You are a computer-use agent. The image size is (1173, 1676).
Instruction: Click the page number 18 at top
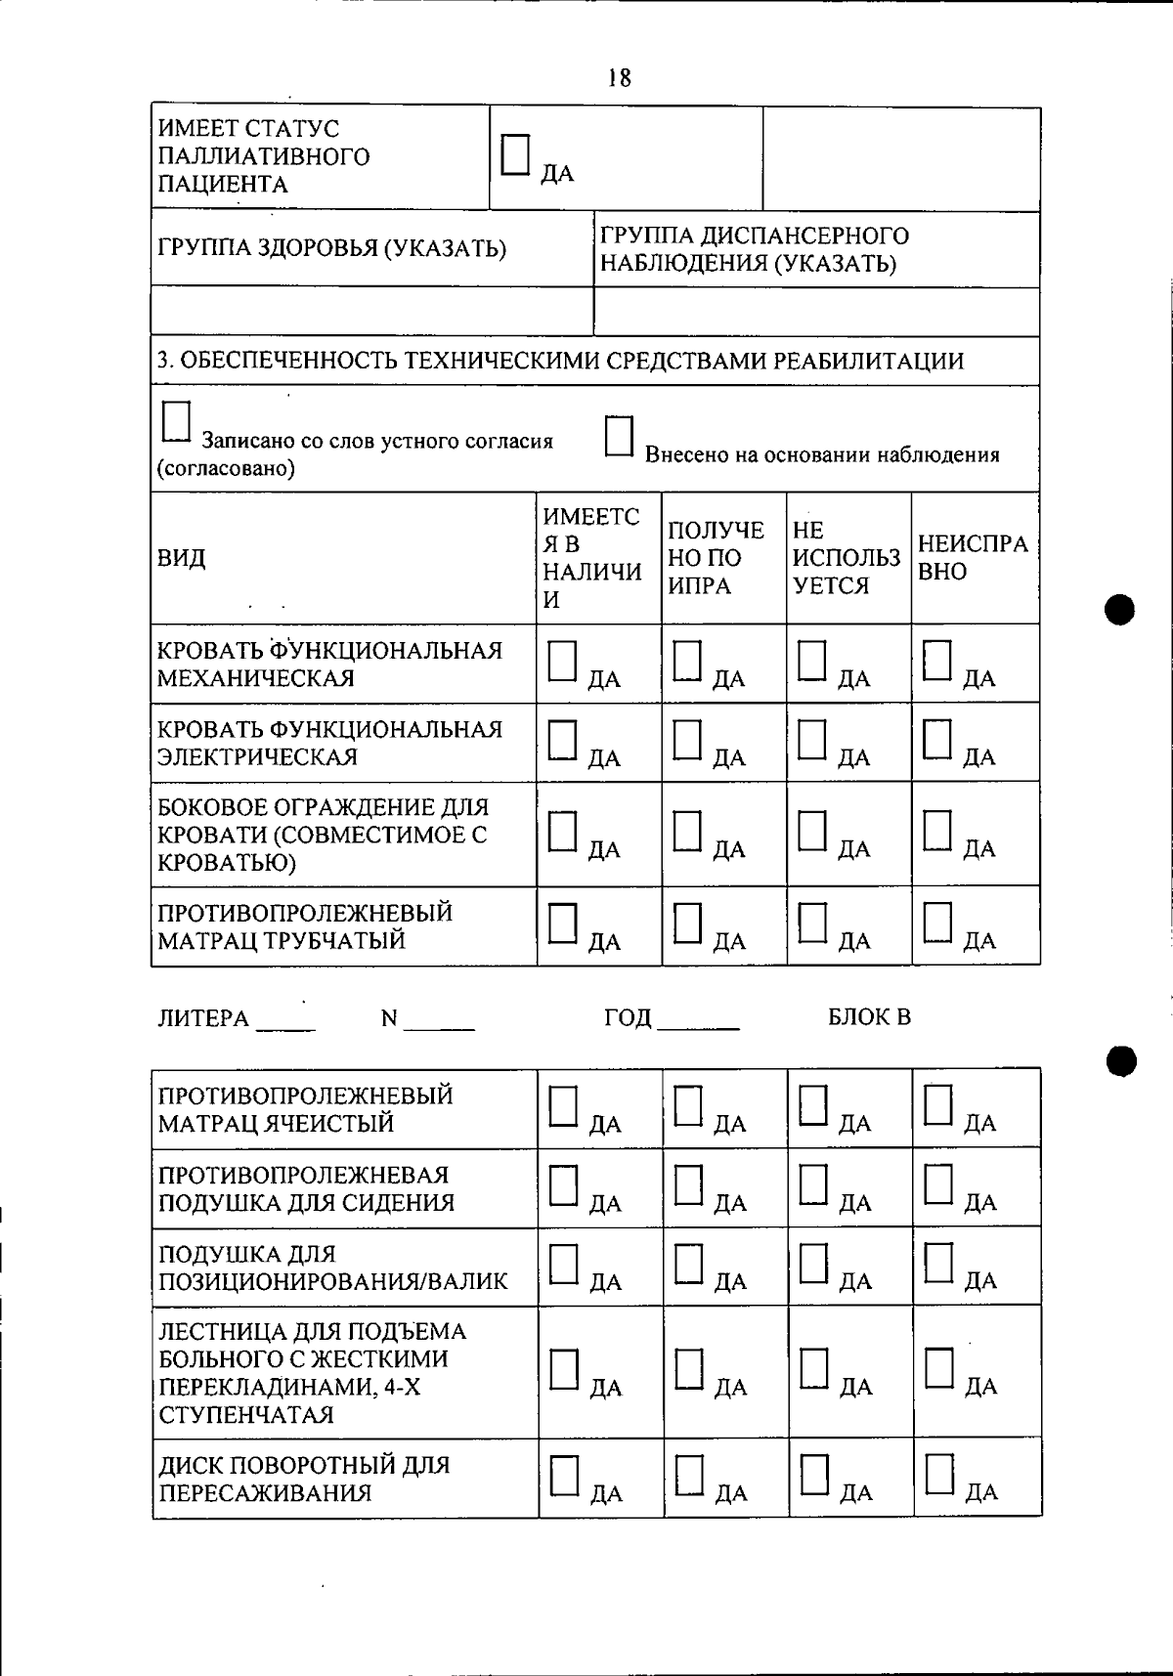619,78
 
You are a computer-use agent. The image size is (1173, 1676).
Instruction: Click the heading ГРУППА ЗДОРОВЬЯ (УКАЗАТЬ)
332,248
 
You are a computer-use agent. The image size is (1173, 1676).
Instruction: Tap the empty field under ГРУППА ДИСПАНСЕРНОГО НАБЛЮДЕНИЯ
816,313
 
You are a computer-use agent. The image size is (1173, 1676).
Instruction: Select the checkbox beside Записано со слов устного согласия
176,423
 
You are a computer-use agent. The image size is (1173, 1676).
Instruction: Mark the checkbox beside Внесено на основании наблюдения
619,437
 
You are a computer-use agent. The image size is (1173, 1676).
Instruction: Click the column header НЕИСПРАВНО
973,558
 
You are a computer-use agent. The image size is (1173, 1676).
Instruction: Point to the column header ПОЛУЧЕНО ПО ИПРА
716,558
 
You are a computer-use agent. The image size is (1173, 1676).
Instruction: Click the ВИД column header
182,559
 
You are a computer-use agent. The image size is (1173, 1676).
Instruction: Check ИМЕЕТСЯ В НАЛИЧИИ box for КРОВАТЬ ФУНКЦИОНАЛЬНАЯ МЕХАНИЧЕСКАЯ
563,661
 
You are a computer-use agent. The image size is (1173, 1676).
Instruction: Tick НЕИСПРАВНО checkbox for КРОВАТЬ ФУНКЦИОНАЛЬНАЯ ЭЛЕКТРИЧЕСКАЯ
937,740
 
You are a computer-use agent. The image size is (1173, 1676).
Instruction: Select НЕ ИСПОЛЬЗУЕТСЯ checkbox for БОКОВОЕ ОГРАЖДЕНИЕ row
812,832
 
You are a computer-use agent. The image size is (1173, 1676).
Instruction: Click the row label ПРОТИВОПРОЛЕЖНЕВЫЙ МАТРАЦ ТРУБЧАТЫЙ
305,926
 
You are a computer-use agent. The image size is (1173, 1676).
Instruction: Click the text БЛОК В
869,1017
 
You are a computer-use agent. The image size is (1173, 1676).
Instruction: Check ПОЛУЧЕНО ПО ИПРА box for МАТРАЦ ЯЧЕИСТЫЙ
689,1106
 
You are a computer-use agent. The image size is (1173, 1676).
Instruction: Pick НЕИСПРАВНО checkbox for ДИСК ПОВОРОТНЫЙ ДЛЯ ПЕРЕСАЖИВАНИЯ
940,1475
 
